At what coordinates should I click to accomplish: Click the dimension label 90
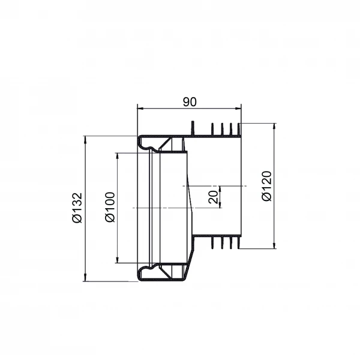pos(190,102)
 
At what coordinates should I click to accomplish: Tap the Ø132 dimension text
pos(77,208)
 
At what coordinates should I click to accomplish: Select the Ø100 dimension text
pos(110,207)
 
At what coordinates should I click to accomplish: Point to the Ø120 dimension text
pos(267,186)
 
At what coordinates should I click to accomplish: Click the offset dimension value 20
pos(213,197)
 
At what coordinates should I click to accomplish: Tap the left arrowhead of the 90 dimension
pos(140,108)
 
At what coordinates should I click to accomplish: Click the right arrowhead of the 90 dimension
pos(238,108)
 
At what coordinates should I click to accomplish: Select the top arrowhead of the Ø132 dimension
pos(85,139)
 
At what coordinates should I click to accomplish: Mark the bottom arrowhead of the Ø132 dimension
pos(85,278)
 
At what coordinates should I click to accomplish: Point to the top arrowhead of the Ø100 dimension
pos(118,156)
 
